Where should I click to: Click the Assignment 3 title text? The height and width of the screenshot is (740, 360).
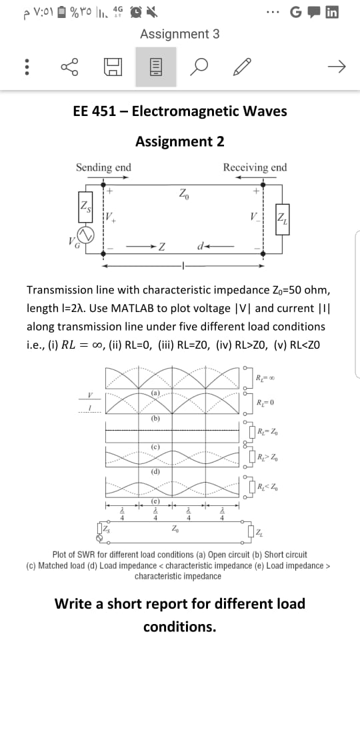(x=179, y=34)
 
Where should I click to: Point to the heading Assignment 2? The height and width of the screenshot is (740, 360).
(x=179, y=141)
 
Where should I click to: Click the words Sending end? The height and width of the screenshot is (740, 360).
(x=103, y=167)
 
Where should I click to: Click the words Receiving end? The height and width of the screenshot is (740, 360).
(x=255, y=167)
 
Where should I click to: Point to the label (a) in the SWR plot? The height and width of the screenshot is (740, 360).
(x=155, y=393)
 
